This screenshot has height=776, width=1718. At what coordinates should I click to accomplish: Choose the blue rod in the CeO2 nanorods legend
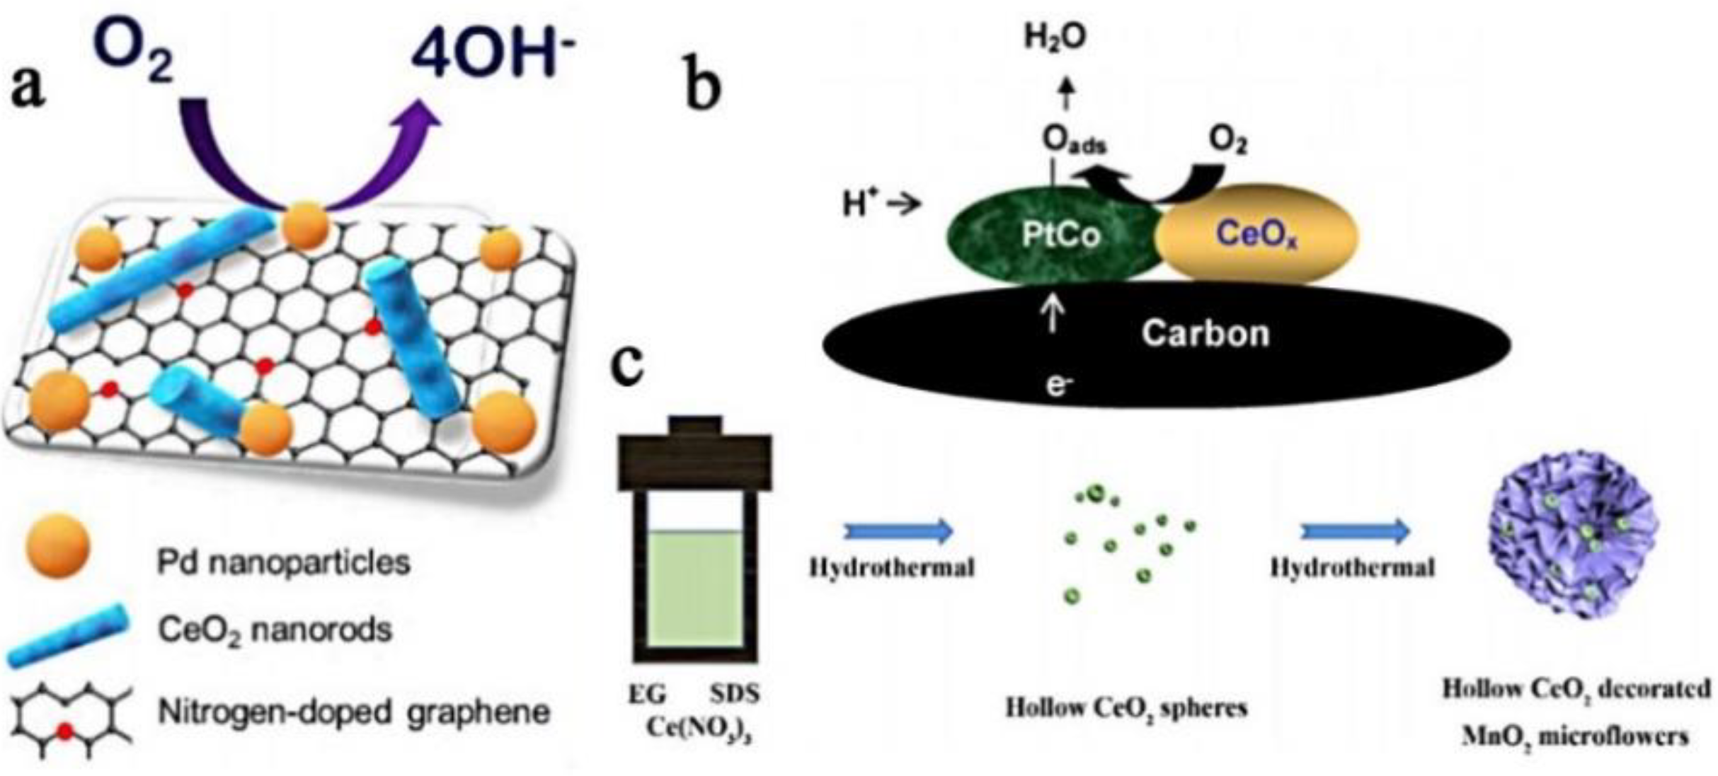click(69, 636)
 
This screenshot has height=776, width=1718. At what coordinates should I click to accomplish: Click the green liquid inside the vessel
click(694, 587)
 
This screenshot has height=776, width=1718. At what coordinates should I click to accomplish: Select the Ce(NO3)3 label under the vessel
click(698, 729)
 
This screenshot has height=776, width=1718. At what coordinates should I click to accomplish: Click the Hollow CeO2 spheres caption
click(1126, 708)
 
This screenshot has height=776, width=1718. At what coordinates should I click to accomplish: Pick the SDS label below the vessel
click(735, 694)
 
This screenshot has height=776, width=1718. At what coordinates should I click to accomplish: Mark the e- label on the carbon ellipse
click(1058, 386)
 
